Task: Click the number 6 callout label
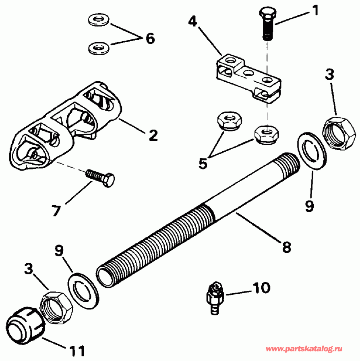tap(149, 39)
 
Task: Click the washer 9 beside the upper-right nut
tap(310, 151)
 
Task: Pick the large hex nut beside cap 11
tap(56, 306)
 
